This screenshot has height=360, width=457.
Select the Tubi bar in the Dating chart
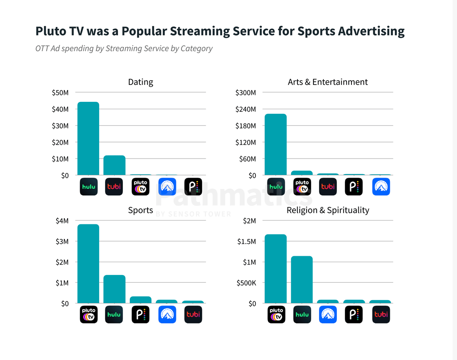pos(114,165)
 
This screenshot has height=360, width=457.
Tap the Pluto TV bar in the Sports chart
pos(88,264)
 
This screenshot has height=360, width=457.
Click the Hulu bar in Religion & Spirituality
pos(302,280)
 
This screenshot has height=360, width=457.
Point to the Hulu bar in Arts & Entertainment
pos(276,144)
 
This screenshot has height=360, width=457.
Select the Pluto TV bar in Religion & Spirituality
pos(276,269)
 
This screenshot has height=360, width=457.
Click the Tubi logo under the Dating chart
pos(114,186)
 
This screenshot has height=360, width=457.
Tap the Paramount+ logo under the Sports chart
pos(167,314)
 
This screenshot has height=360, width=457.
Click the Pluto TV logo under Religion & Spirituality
pos(276,314)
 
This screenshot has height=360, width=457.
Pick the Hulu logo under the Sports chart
pos(114,314)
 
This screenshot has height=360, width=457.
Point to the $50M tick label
pos(60,93)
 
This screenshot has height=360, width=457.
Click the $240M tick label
pos(245,109)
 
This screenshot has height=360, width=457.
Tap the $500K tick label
pos(245,283)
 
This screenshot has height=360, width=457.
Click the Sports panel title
pos(141,210)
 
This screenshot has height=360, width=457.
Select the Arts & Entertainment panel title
pos(328,82)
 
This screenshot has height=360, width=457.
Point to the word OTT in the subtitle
pos(43,48)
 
